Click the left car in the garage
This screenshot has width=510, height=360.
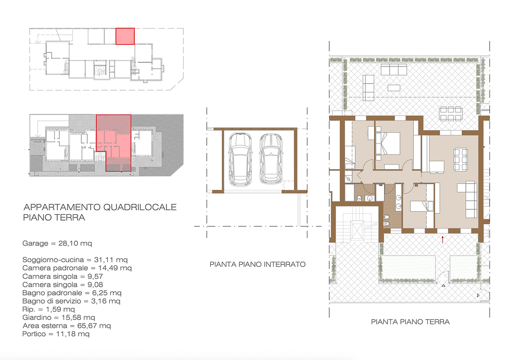click(x=240, y=160)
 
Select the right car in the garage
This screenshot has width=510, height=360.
click(x=271, y=159)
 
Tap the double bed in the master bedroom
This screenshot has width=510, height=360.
click(x=388, y=144)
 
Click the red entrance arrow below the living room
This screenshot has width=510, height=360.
click(x=442, y=240)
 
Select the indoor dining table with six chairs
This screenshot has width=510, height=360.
click(x=461, y=159)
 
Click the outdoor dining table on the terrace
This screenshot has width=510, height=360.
click(x=451, y=113)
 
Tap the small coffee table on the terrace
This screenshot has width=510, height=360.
click(x=393, y=87)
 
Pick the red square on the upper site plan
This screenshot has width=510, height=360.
click(x=125, y=36)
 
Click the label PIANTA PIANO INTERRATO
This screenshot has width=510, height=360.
click(x=258, y=264)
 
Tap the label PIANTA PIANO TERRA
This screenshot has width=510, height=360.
click(x=410, y=322)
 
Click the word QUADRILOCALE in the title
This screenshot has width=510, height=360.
click(x=140, y=207)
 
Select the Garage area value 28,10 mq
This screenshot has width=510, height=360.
click(x=75, y=243)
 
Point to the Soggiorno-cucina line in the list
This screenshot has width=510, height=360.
click(x=75, y=260)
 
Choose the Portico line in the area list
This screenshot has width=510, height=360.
click(x=56, y=334)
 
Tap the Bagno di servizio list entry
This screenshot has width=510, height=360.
click(x=72, y=301)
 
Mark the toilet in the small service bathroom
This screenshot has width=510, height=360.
click(x=360, y=198)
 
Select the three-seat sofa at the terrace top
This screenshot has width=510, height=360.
click(x=393, y=70)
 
